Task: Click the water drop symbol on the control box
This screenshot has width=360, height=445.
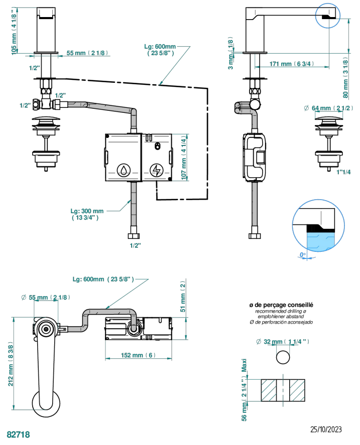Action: pyautogui.click(x=123, y=170)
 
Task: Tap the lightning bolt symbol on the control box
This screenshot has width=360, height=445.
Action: pyautogui.click(x=156, y=170)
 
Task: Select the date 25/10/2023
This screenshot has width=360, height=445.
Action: pyautogui.click(x=326, y=429)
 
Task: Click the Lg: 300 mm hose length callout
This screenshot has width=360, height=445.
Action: pyautogui.click(x=87, y=214)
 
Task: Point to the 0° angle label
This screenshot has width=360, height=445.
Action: pyautogui.click(x=302, y=255)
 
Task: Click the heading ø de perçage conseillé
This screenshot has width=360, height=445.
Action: pyautogui.click(x=281, y=305)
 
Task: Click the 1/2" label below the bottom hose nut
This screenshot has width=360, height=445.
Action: pyautogui.click(x=135, y=245)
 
